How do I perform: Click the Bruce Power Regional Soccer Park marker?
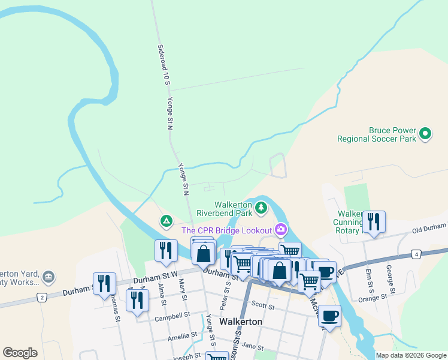[425, 133]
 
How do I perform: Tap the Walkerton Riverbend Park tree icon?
[261, 208]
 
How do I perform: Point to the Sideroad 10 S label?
[161, 64]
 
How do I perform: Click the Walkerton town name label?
[241, 322]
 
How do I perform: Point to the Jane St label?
[253, 346]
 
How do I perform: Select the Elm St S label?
[371, 280]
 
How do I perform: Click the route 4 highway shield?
[416, 254]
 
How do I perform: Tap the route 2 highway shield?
[41, 297]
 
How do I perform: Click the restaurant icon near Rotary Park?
[374, 221]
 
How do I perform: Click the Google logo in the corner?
[20, 353]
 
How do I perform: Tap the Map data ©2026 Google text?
[411, 355]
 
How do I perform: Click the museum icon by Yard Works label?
[49, 278]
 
